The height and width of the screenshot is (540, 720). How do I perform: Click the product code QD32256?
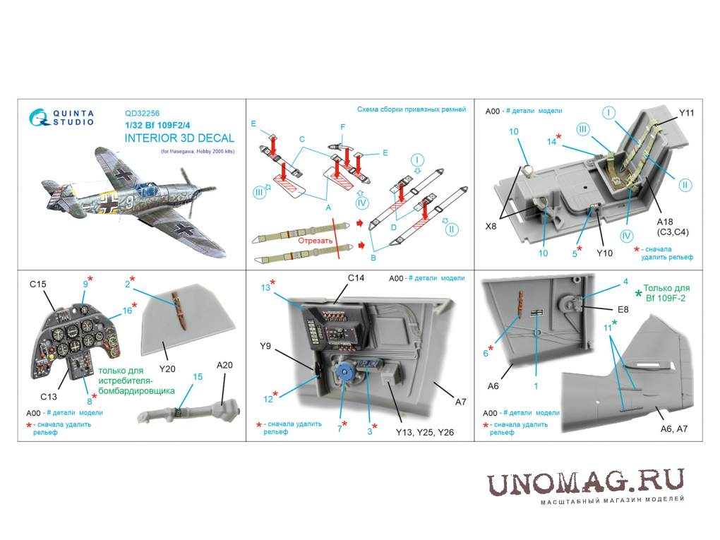coord(142,114)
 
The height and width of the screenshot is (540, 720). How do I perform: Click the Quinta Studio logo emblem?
coord(40,118)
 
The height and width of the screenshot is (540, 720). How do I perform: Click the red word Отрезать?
coord(315,241)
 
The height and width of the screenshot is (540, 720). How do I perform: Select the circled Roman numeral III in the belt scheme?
coord(259,193)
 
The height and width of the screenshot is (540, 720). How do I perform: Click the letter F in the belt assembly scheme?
coord(342,127)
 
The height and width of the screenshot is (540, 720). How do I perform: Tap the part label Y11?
coord(687,113)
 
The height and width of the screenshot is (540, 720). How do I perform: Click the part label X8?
coord(491,227)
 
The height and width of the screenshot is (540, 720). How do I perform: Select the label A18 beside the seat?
coord(664,222)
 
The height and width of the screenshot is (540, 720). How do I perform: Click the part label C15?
coord(37,284)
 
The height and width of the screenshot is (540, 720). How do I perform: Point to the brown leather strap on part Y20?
coord(179,311)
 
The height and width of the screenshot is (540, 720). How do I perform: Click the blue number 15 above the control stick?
coord(198,376)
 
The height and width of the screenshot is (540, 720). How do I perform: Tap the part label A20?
coord(224,365)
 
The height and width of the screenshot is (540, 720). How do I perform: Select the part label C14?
coord(356,278)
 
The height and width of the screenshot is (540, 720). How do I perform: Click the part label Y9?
coord(265,346)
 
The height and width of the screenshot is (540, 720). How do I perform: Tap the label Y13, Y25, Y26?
coord(425,432)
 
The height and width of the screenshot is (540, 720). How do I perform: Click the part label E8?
coord(623,309)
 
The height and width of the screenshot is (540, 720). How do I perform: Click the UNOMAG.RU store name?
coord(585,483)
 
